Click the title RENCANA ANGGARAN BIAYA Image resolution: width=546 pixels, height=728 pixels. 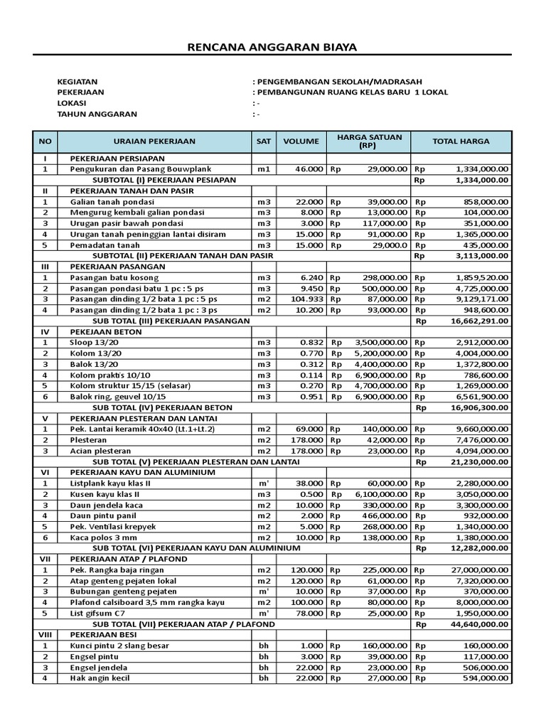[x=272, y=48]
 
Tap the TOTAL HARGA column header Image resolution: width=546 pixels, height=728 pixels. [x=461, y=141]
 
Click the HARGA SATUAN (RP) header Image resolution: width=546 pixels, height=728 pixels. [x=369, y=141]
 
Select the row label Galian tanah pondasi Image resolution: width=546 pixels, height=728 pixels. [x=112, y=202]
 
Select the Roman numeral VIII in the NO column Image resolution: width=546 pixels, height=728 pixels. [x=44, y=635]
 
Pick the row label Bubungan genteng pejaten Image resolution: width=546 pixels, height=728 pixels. [x=122, y=591]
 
